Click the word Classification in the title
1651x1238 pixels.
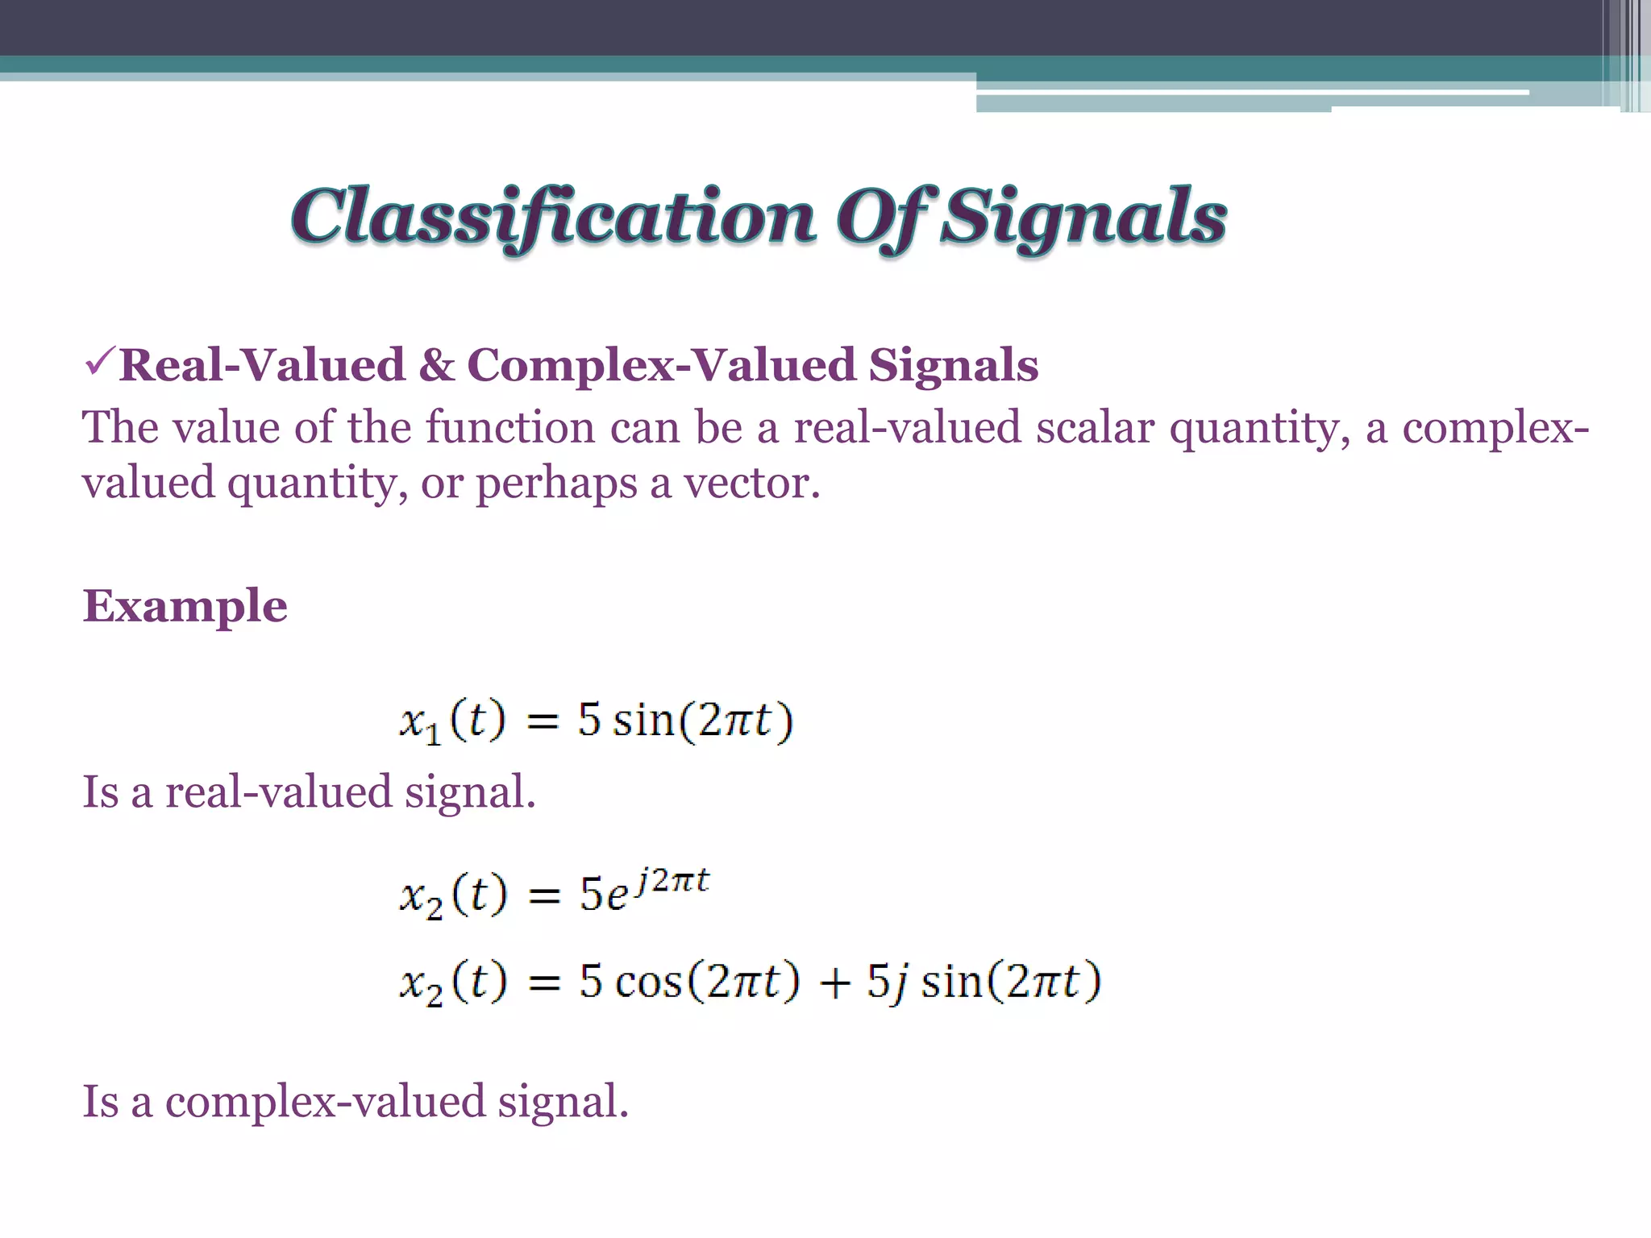[x=553, y=216]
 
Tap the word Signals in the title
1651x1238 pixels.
[x=1084, y=216]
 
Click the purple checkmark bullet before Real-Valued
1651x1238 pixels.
[x=100, y=362]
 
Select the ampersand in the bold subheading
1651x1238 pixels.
[x=436, y=365]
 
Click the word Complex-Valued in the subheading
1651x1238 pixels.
[x=660, y=365]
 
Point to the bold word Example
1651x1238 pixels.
[x=185, y=606]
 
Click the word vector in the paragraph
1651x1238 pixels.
[x=751, y=483]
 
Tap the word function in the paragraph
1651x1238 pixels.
[x=509, y=427]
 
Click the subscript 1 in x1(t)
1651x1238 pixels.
[x=433, y=734]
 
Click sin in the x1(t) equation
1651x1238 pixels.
[x=643, y=720]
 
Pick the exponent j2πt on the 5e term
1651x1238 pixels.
[x=672, y=881]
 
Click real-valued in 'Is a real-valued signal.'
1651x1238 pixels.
[x=278, y=791]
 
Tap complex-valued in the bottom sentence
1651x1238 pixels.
[x=325, y=1101]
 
